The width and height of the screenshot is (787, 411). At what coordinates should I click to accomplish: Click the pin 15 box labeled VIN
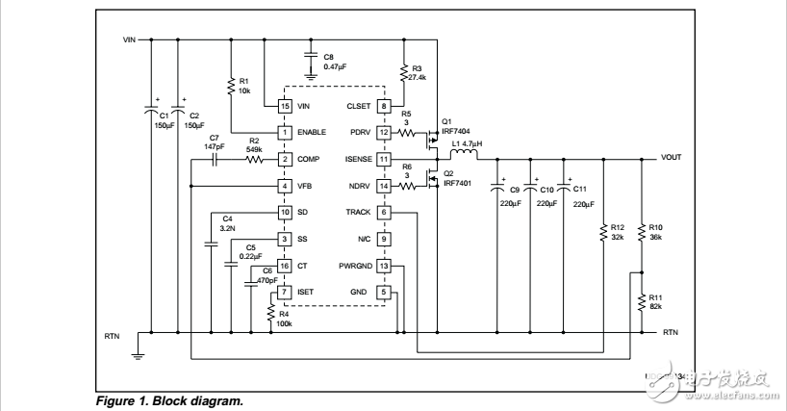pyautogui.click(x=285, y=105)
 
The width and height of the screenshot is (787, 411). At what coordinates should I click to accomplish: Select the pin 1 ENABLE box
pyautogui.click(x=285, y=132)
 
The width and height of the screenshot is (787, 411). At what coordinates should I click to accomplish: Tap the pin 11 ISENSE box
pyautogui.click(x=384, y=159)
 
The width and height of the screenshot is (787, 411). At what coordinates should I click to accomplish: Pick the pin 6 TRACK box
pyautogui.click(x=384, y=212)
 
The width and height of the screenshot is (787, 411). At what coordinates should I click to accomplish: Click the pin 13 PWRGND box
pyautogui.click(x=384, y=266)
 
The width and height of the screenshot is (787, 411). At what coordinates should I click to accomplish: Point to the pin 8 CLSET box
pyautogui.click(x=384, y=105)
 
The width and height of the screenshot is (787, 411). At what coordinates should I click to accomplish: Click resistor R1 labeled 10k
pyautogui.click(x=231, y=86)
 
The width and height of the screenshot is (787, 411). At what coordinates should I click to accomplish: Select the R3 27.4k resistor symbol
pyautogui.click(x=403, y=73)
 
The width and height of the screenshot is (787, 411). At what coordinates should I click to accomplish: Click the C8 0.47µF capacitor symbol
pyautogui.click(x=311, y=56)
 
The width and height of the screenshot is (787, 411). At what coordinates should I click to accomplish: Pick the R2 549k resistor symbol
pyautogui.click(x=256, y=159)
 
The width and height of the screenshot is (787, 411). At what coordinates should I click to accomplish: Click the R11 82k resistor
pyautogui.click(x=642, y=303)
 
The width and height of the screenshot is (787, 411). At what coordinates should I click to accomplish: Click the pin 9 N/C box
pyautogui.click(x=384, y=239)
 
